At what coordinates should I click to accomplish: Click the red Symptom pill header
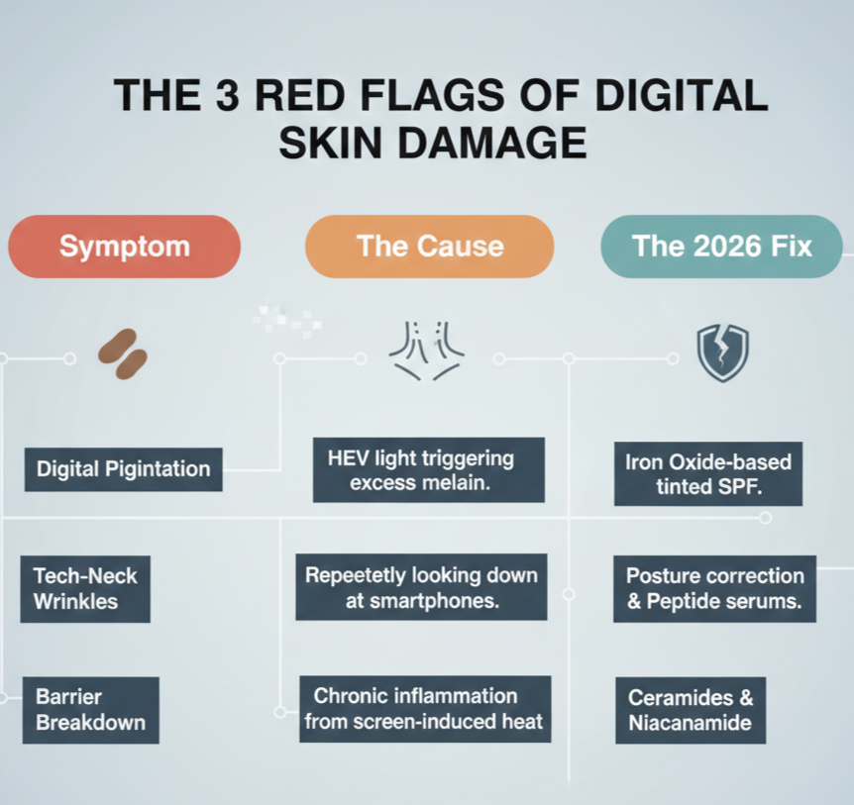(x=124, y=247)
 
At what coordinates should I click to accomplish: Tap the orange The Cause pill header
(x=429, y=247)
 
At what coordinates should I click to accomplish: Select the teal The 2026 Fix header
(x=721, y=247)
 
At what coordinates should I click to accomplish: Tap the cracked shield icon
(x=722, y=352)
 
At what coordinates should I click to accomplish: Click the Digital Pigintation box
(x=123, y=469)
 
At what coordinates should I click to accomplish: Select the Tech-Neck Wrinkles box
(x=85, y=588)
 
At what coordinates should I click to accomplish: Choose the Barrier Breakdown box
(x=90, y=709)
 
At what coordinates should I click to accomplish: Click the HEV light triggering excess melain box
(x=428, y=469)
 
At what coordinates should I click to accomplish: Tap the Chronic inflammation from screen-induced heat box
(x=423, y=709)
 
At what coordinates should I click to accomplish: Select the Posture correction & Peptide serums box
(x=714, y=588)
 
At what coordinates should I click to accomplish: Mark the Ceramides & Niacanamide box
(x=692, y=710)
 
